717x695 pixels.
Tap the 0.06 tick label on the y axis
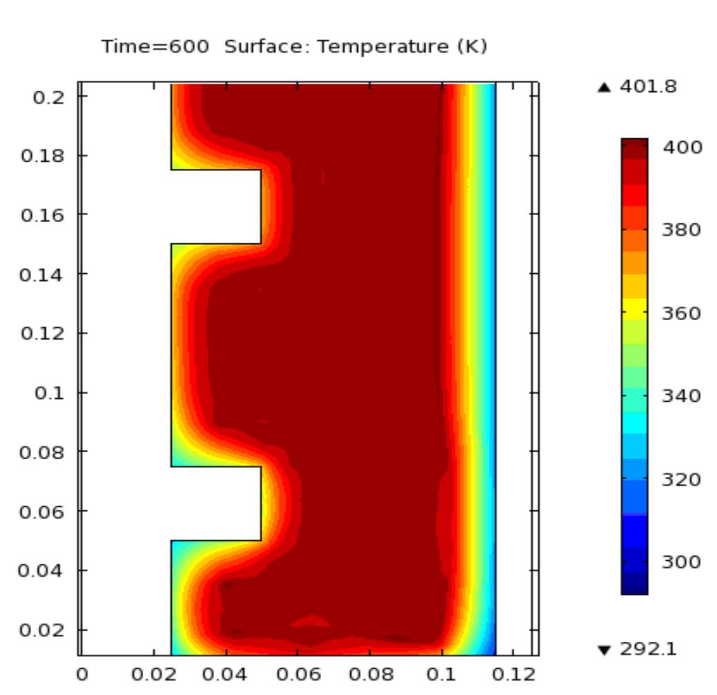pos(43,512)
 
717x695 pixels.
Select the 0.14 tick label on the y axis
pos(43,275)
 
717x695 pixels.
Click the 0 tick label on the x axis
pos(82,674)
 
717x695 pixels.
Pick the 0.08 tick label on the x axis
pos(369,674)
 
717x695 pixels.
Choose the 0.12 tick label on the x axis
pos(513,674)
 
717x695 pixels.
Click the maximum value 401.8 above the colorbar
pos(648,87)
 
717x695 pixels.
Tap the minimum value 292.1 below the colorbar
pos(648,649)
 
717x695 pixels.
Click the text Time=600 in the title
pos(155,47)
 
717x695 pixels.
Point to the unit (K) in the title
pos(474,47)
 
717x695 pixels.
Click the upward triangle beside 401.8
pos(605,87)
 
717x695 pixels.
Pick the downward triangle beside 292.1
pos(605,650)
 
